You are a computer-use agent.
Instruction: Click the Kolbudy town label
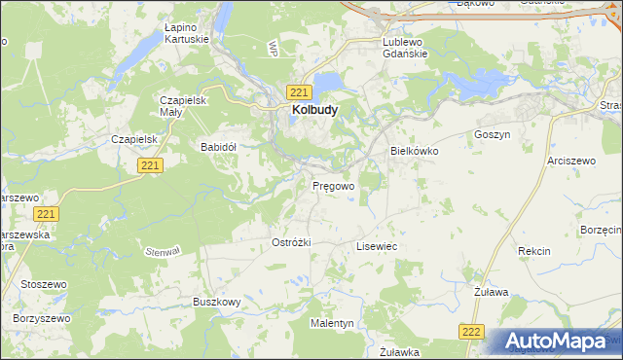pyautogui.click(x=314, y=111)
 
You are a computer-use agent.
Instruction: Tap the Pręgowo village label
pyautogui.click(x=333, y=185)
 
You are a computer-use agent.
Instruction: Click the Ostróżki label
pyautogui.click(x=291, y=242)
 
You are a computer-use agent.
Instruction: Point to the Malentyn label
pyautogui.click(x=332, y=322)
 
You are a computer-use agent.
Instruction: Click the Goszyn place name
pyautogui.click(x=492, y=135)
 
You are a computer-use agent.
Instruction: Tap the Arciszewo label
pyautogui.click(x=570, y=160)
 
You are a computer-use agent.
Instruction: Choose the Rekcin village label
pyautogui.click(x=533, y=251)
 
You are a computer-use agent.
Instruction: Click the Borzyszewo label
pyautogui.click(x=42, y=318)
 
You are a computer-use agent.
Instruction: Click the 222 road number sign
pyautogui.click(x=472, y=332)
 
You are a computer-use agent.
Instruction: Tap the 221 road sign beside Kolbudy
pyautogui.click(x=299, y=91)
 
